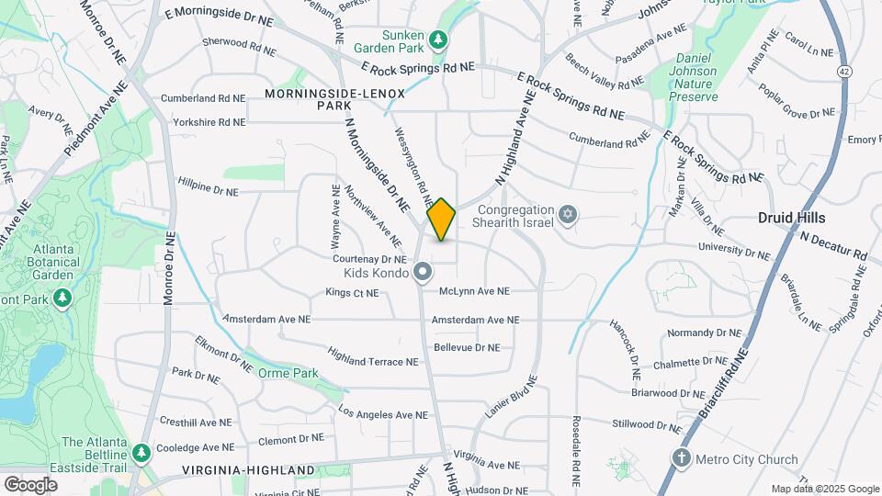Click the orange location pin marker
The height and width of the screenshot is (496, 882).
coord(441,220)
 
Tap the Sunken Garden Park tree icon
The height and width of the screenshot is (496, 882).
coord(440,39)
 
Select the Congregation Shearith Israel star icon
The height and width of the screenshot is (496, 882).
coord(568,215)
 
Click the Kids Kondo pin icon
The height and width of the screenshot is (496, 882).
coord(422,271)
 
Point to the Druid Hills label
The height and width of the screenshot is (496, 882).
coord(791,218)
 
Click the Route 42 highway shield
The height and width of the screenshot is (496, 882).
coord(843,71)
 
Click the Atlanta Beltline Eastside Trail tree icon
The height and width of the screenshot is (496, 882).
coord(141,453)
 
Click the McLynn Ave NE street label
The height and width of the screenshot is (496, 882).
coord(473,291)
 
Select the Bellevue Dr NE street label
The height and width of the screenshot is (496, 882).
coord(467,347)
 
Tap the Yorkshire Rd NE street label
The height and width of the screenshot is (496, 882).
coord(203,121)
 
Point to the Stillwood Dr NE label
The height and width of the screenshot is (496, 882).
coord(650,424)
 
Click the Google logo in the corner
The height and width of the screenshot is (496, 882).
coord(30,484)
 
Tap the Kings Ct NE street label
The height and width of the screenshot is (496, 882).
coord(352,293)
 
